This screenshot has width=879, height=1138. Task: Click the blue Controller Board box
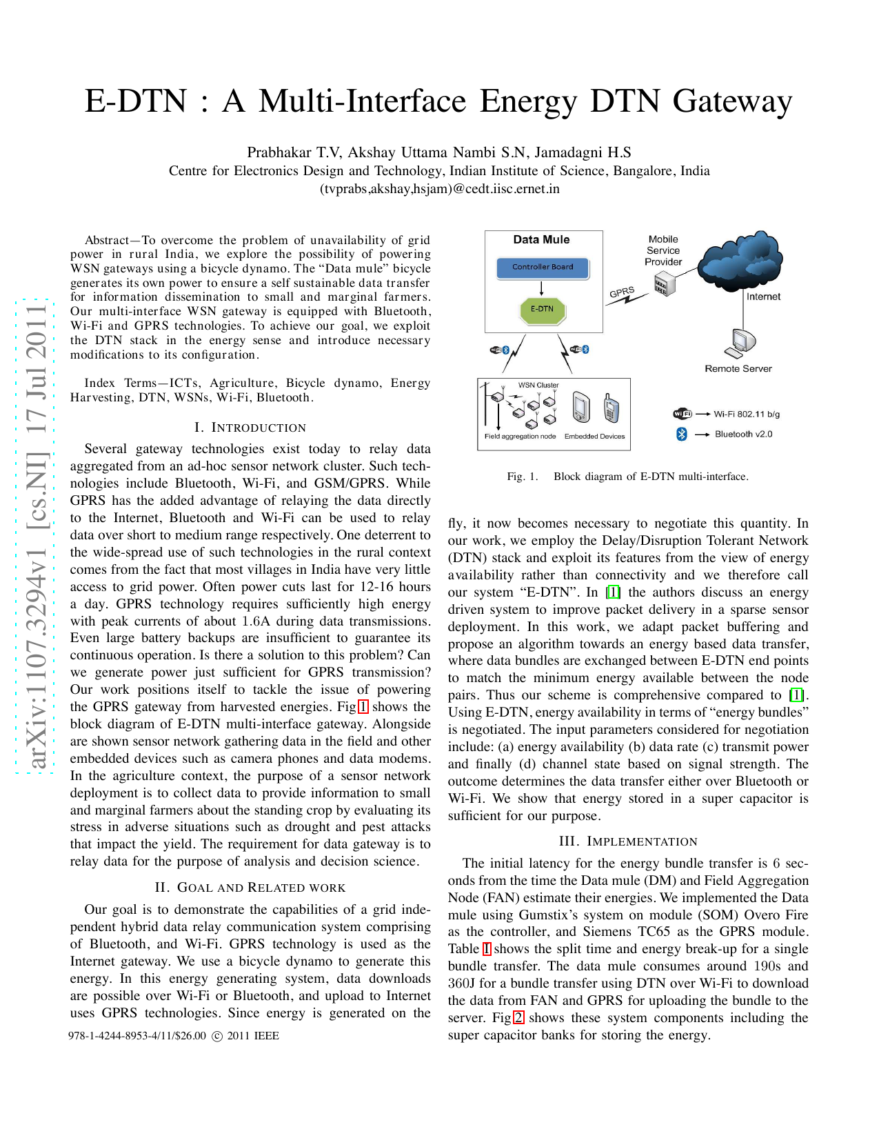(543, 267)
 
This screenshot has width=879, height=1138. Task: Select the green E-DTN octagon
(542, 309)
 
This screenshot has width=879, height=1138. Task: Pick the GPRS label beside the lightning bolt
(622, 292)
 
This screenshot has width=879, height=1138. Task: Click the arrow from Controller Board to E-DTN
(542, 288)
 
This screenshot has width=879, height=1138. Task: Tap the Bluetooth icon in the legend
(682, 434)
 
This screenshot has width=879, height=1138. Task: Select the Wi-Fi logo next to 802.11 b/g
(683, 414)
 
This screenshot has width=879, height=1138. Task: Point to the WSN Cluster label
(538, 385)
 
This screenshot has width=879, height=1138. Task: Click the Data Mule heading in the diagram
(541, 240)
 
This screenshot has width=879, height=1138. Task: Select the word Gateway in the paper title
(732, 101)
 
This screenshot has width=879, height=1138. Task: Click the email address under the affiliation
(439, 189)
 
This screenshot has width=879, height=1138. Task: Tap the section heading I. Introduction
(250, 428)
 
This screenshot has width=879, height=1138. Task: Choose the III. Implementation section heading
(628, 841)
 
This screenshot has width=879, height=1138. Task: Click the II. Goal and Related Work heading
(250, 888)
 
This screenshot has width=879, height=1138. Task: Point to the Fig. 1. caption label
(522, 477)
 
